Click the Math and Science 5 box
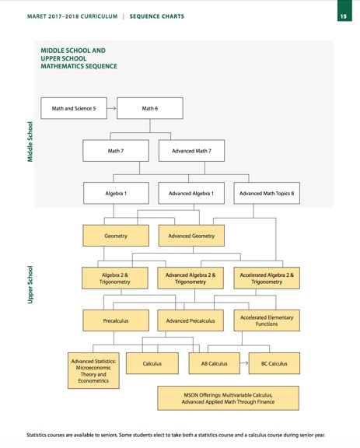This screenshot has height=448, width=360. (74, 108)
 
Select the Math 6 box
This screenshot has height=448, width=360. (150, 108)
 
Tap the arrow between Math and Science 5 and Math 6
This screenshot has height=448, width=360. (112, 108)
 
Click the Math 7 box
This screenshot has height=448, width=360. (115, 150)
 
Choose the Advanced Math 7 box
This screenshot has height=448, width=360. (191, 150)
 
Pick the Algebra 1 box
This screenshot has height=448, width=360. (115, 193)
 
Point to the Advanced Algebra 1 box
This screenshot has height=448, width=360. (191, 193)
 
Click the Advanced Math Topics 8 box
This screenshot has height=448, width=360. (267, 193)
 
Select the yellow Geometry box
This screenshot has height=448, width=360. (115, 235)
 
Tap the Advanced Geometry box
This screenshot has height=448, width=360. (191, 235)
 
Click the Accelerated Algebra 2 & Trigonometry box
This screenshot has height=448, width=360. (267, 278)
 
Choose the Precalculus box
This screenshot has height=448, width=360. (115, 320)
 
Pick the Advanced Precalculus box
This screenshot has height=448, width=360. (191, 320)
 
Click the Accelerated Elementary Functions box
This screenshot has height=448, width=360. (267, 320)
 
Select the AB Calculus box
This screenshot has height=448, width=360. (214, 363)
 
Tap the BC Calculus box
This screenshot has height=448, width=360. (274, 363)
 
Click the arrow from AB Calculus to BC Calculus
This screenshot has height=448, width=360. (243, 363)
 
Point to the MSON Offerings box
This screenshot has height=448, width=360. (228, 398)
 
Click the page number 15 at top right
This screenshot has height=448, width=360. (342, 16)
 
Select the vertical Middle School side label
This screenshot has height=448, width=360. (30, 141)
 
